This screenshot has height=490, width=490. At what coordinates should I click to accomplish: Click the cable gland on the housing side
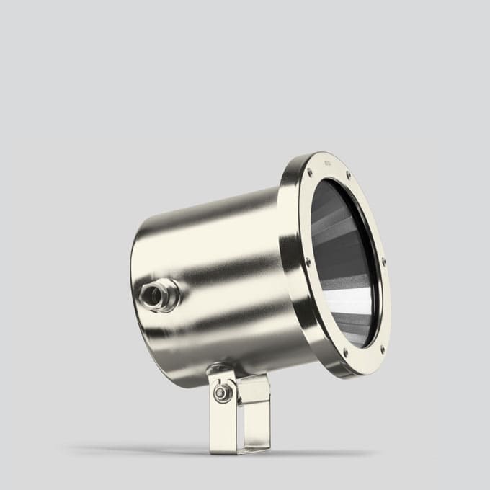(158, 295)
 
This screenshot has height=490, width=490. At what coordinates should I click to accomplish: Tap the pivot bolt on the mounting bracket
(223, 393)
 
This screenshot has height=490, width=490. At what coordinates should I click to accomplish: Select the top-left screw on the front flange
(310, 174)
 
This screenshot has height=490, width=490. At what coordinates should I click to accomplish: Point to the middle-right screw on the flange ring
(383, 261)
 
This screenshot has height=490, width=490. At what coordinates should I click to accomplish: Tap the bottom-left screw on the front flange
(345, 352)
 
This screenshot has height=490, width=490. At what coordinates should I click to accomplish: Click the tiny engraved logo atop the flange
(329, 164)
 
